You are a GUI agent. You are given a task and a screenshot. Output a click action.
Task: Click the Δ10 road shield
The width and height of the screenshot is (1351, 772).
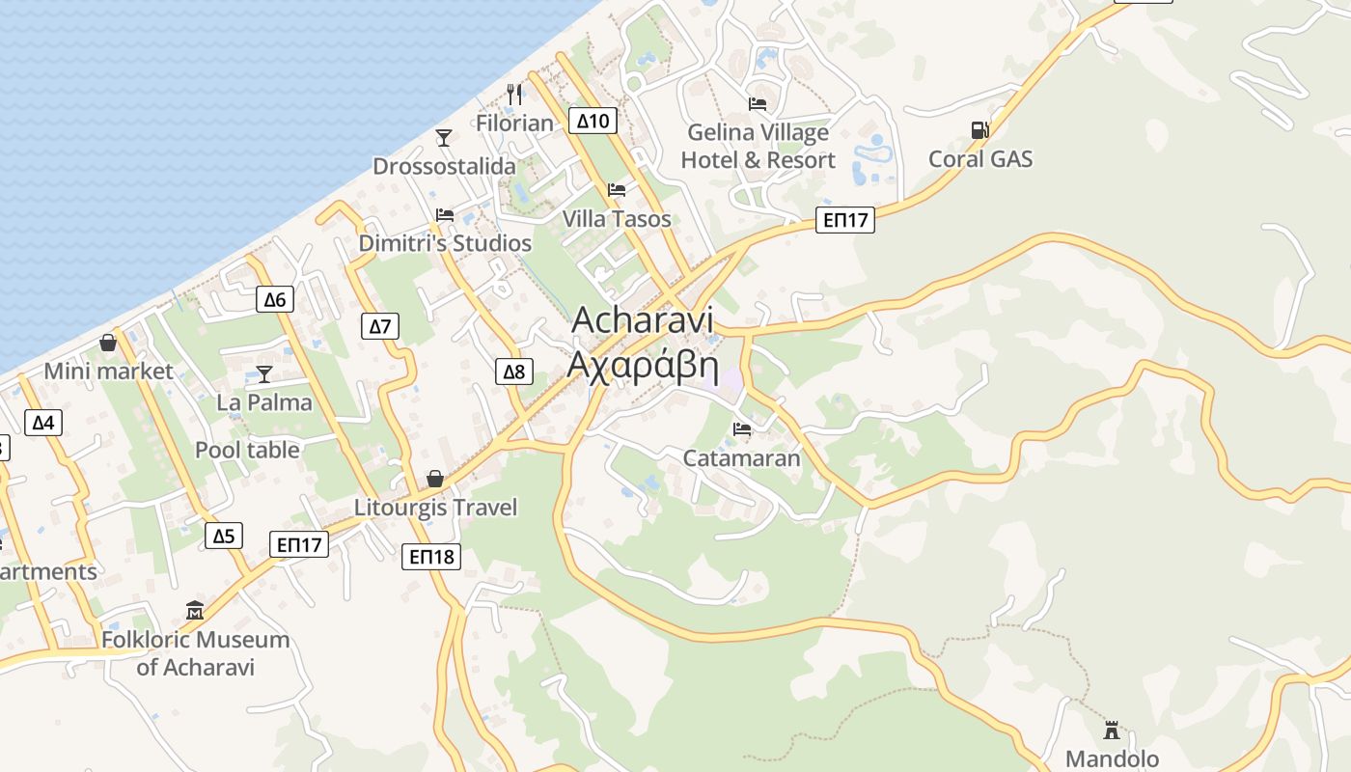(593, 121)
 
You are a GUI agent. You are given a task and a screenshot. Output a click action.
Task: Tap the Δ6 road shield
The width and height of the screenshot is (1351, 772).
(275, 299)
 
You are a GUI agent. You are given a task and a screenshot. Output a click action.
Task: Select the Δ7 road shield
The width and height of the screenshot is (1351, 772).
(381, 326)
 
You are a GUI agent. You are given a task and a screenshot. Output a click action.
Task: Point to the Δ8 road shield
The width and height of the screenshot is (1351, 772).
(514, 372)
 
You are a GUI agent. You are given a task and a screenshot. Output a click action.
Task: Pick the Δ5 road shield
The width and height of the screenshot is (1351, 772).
(223, 536)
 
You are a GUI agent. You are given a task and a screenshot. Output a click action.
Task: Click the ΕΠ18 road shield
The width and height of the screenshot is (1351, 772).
(431, 556)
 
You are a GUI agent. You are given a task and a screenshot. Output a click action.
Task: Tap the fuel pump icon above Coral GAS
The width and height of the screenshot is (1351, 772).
(979, 130)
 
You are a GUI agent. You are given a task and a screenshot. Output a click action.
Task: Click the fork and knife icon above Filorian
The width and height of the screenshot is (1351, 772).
(514, 94)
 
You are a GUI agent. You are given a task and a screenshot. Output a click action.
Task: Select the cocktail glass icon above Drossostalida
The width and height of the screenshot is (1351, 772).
(444, 138)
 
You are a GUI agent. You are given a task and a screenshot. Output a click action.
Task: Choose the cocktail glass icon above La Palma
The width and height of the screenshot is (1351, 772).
(264, 374)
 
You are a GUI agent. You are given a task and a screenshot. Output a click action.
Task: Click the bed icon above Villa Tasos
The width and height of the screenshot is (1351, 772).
(617, 190)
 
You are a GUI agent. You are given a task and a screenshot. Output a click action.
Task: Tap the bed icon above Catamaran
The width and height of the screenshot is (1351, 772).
(742, 429)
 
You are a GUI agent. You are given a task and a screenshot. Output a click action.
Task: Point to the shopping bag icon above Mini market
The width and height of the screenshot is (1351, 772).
(108, 343)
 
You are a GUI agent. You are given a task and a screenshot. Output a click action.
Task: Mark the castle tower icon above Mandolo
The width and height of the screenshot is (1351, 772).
(1112, 731)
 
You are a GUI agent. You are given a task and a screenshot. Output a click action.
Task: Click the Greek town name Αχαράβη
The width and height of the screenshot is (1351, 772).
(643, 366)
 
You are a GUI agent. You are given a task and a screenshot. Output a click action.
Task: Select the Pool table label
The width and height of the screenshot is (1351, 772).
(247, 450)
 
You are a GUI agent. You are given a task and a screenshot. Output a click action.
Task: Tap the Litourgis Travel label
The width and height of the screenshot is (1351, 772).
(436, 508)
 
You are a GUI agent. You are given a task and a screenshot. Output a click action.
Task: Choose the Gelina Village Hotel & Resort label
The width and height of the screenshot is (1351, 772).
(758, 146)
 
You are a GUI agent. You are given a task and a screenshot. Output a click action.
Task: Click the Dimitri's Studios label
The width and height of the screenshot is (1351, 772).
(445, 243)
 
